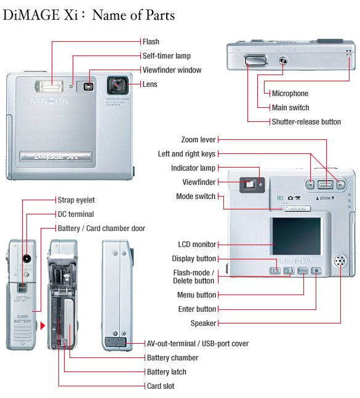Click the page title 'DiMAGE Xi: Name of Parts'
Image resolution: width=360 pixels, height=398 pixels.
(x=89, y=15)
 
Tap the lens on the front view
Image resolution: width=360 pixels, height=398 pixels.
(x=117, y=84)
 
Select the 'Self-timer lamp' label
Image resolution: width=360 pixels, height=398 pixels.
(x=163, y=56)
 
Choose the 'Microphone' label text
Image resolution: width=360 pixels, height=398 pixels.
(x=290, y=94)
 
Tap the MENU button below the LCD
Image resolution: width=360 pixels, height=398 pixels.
(x=303, y=270)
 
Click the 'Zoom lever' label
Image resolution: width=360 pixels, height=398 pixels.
(x=198, y=140)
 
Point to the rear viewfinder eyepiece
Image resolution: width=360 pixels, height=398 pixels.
(x=250, y=184)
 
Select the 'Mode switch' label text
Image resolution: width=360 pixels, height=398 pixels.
(x=196, y=197)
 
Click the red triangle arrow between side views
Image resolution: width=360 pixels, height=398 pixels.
(x=42, y=325)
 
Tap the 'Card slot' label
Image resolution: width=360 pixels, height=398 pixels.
(x=160, y=386)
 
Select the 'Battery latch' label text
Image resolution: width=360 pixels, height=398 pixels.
(x=166, y=372)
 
